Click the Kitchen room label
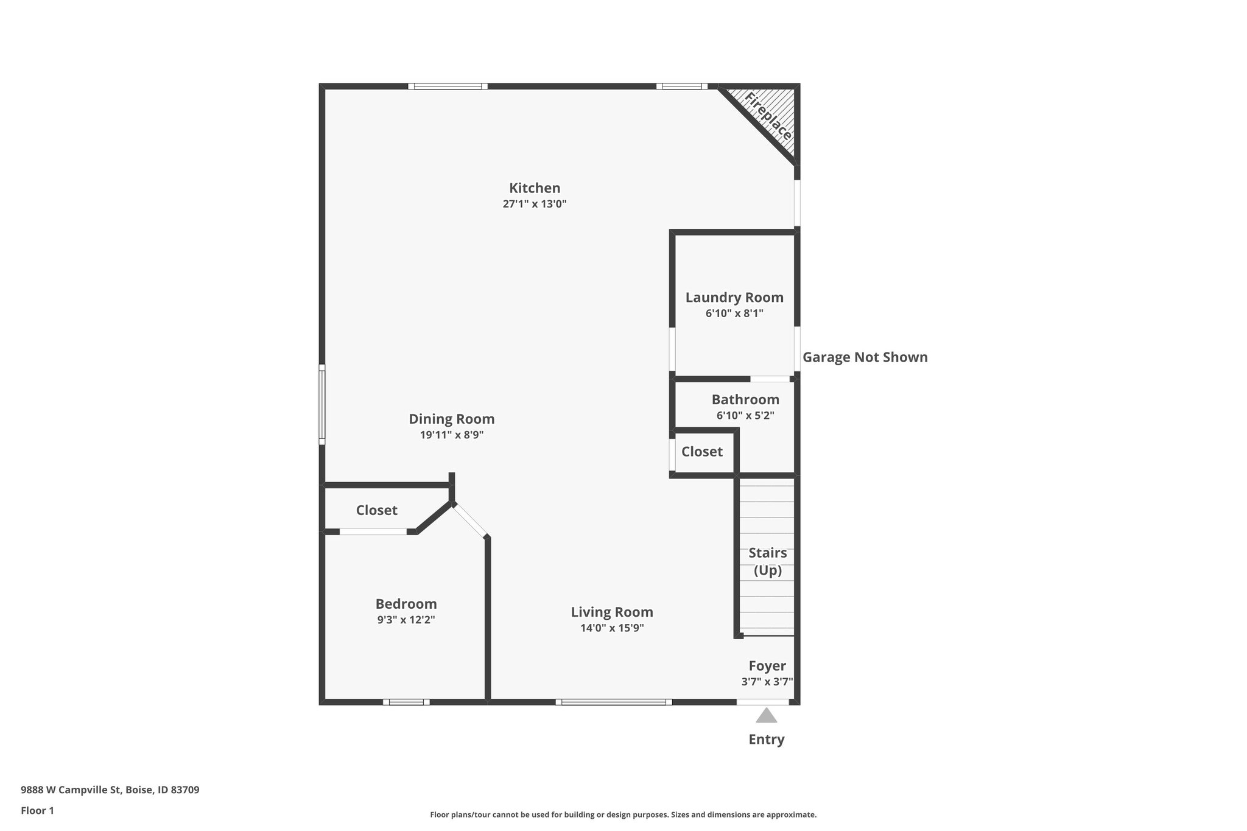[534, 188]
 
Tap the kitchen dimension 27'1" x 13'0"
[534, 204]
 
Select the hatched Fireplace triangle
[773, 116]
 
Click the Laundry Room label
[734, 298]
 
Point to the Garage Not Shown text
[865, 357]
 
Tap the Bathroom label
[745, 400]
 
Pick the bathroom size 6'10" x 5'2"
[745, 416]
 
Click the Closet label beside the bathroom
[701, 452]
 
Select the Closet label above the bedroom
[376, 510]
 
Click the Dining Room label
[451, 419]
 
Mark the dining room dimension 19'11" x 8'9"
[451, 435]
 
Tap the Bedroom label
[406, 604]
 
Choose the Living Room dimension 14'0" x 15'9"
[611, 628]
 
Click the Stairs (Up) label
[767, 561]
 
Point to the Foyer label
[767, 666]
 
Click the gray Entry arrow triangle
[766, 716]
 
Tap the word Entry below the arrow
[766, 740]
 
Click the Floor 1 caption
[37, 811]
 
